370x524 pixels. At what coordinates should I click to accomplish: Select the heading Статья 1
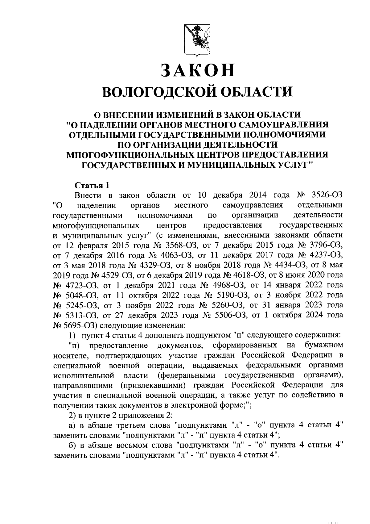point(92,185)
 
